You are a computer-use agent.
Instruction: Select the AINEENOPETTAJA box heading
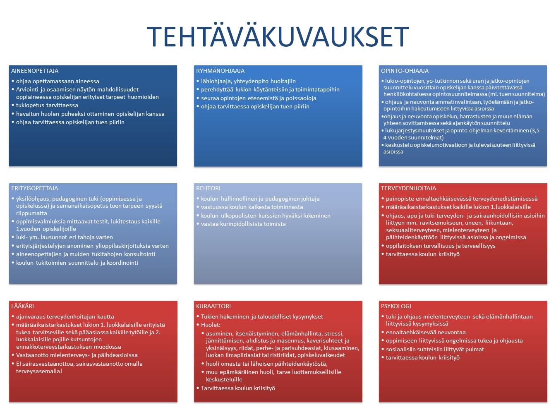(x=35, y=71)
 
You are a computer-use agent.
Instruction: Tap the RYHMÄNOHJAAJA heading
(x=220, y=71)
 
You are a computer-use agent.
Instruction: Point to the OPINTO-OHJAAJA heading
(x=405, y=71)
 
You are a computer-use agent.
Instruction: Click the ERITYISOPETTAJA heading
(x=34, y=188)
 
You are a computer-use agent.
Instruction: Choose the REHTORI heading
(x=208, y=188)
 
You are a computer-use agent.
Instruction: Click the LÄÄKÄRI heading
(x=22, y=306)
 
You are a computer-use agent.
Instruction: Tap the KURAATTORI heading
(x=213, y=306)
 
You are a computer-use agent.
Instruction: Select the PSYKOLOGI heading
(x=396, y=306)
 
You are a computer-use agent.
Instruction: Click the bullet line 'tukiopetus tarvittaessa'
(x=47, y=105)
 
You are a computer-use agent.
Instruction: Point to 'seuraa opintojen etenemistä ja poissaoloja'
(x=259, y=98)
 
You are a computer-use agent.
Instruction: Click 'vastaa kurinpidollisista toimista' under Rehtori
(x=243, y=224)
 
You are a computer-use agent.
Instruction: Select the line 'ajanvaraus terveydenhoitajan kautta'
(x=65, y=317)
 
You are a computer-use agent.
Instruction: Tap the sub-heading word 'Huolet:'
(x=211, y=325)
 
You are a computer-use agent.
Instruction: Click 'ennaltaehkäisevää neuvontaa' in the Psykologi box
(x=426, y=333)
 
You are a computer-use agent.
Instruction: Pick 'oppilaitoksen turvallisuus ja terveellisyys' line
(x=441, y=246)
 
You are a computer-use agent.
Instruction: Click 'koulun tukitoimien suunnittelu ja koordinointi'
(x=77, y=263)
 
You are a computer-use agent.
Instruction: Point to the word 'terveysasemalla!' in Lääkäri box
(x=39, y=371)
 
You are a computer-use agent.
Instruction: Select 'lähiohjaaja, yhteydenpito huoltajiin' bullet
(x=248, y=81)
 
